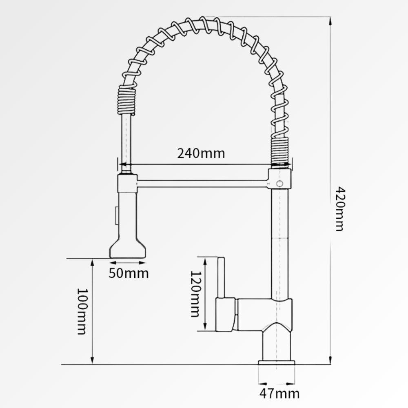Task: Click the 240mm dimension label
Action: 201,153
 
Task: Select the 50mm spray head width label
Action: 129,273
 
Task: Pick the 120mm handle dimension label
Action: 195,294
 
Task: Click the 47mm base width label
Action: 279,394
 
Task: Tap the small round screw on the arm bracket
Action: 280,184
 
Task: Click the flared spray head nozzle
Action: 127,248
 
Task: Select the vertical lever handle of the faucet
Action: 221,277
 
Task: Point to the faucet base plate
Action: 277,363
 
